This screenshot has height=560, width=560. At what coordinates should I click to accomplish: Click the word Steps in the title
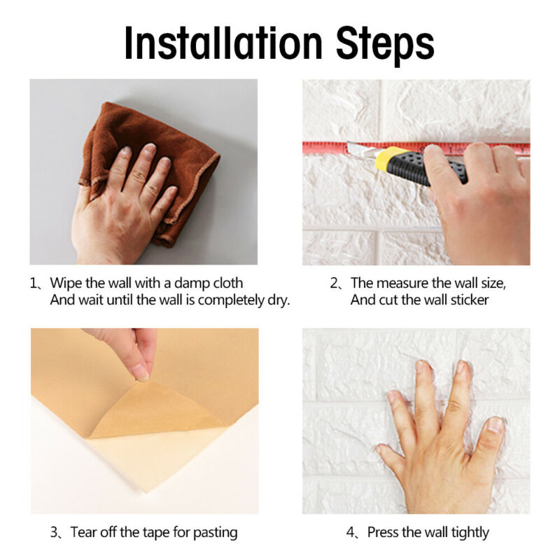[x=375, y=43]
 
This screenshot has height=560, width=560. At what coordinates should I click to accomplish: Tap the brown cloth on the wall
[x=126, y=133]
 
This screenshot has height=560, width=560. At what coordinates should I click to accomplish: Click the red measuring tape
[x=322, y=147]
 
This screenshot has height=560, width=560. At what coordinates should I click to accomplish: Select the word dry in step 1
[x=278, y=300]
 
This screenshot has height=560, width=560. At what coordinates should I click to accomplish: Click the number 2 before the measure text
[x=334, y=283]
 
